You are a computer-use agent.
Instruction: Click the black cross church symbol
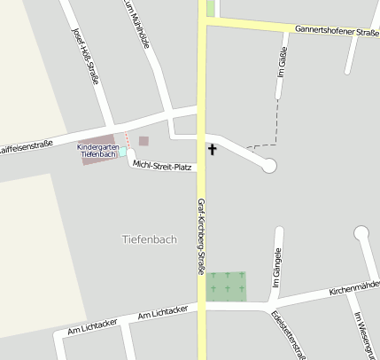click(x=212, y=149)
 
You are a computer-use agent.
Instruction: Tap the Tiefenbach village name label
click(x=149, y=239)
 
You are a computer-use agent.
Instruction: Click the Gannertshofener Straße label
click(x=337, y=32)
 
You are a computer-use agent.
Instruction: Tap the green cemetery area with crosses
click(x=227, y=286)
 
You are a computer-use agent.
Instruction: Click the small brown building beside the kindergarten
click(x=143, y=140)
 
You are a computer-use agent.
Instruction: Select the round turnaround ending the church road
click(x=270, y=165)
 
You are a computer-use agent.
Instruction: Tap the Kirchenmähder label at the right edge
click(x=353, y=288)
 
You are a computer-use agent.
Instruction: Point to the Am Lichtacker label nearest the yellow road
click(x=164, y=315)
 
